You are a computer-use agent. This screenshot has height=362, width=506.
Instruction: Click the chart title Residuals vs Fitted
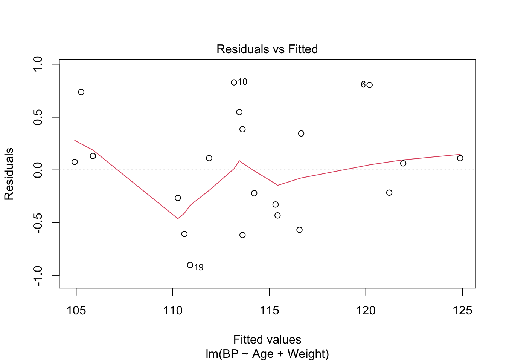point(267,49)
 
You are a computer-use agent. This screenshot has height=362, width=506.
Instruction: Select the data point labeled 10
point(234,83)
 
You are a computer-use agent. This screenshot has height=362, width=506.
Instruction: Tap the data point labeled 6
point(370,85)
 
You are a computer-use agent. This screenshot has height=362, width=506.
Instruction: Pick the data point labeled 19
point(190,265)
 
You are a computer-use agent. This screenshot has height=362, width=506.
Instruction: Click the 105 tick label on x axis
point(76,311)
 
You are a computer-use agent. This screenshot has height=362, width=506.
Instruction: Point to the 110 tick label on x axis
point(172,311)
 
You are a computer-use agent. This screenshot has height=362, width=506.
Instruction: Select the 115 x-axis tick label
point(269,311)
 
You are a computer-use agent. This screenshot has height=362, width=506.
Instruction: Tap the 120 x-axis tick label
point(366,311)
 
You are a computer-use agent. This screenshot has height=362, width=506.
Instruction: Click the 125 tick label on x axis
point(462,311)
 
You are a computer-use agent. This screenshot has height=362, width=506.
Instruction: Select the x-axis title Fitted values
point(267,339)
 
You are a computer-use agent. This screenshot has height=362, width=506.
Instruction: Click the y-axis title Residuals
point(9,173)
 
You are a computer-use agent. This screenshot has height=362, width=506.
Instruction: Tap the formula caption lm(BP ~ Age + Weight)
point(267,354)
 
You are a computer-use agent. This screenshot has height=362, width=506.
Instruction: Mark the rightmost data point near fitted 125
point(460,158)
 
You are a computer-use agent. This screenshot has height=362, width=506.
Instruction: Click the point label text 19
point(199,268)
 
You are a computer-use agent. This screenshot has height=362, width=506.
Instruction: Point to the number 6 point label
point(363,84)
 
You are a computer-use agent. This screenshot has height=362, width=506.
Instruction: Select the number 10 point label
point(242,82)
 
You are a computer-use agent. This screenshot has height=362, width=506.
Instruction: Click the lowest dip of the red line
point(178,218)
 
